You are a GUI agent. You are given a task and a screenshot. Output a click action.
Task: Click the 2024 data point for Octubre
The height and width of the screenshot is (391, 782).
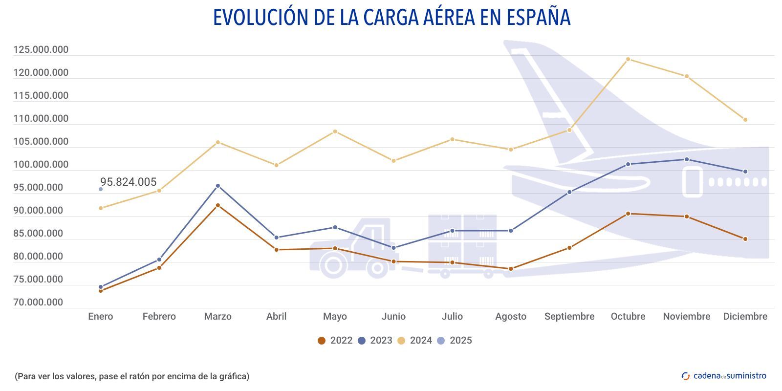click(x=628, y=59)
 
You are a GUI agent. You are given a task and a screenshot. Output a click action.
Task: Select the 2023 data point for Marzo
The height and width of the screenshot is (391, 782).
click(x=218, y=186)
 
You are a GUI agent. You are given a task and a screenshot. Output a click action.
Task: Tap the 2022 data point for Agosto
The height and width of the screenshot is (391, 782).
click(x=511, y=269)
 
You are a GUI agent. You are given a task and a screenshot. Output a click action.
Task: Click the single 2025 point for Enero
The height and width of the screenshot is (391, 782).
click(x=101, y=189)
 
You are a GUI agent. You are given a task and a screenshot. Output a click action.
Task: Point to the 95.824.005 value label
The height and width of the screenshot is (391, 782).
click(x=129, y=182)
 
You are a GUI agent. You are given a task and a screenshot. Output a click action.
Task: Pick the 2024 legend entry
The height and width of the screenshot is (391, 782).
click(x=415, y=341)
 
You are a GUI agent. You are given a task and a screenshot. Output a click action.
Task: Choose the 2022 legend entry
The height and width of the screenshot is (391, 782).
click(x=335, y=341)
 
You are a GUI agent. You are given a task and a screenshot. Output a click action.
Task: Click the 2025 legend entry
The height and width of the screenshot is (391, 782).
click(x=455, y=341)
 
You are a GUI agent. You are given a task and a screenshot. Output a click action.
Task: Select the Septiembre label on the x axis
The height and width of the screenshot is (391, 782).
click(x=569, y=317)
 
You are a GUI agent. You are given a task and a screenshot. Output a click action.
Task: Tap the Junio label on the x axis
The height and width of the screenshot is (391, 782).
click(x=393, y=317)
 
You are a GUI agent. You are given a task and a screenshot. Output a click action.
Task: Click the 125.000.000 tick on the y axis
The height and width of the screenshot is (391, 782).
click(x=41, y=50)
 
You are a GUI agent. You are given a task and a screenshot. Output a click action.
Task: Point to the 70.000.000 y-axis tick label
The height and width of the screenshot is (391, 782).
click(x=38, y=303)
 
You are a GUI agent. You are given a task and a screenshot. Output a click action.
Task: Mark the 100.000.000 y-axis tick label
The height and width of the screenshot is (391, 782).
click(x=41, y=165)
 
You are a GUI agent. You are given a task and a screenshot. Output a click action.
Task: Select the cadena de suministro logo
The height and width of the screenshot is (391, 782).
click(x=724, y=376)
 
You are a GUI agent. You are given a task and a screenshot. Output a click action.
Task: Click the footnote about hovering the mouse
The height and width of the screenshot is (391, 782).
click(x=132, y=376)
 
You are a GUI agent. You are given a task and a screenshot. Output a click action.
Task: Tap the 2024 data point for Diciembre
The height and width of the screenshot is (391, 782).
click(x=745, y=120)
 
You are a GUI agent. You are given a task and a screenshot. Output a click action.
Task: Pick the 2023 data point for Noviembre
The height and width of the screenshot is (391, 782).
click(x=687, y=159)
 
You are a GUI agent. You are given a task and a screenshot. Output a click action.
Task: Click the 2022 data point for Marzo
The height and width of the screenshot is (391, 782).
click(x=218, y=205)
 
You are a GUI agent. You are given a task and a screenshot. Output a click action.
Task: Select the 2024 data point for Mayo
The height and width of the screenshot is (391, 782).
click(x=335, y=131)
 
